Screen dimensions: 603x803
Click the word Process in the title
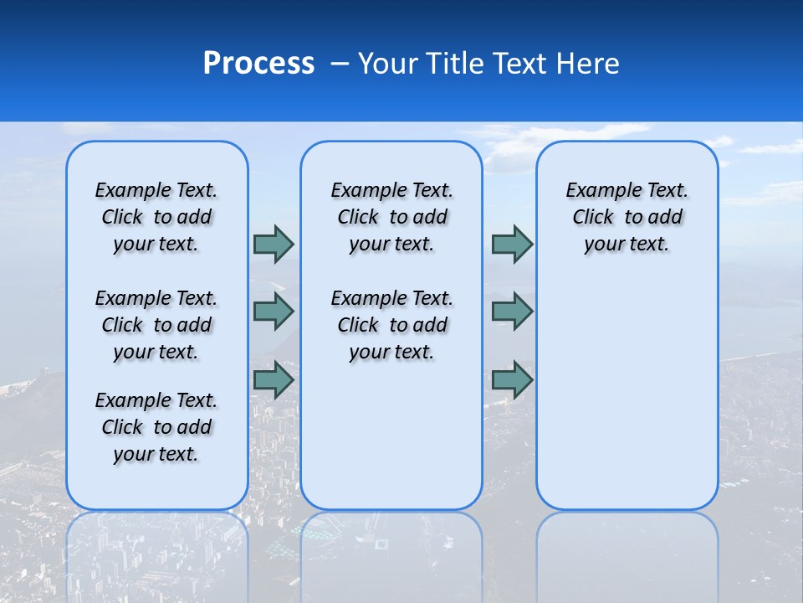coord(258,64)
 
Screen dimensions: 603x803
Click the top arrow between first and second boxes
coord(274,244)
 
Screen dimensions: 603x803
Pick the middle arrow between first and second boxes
coord(274,312)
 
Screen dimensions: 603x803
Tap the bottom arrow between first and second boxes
coord(274,380)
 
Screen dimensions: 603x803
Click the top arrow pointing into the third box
coord(512,244)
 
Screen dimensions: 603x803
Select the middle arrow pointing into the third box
coord(512,312)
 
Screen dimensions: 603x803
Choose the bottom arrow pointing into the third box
coord(512,380)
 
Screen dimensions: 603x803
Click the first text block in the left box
coord(156,217)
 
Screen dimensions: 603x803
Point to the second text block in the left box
coord(156,325)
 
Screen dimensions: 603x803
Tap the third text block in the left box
coord(156,427)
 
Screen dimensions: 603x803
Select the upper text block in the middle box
coord(391,217)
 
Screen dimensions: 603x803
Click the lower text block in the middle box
coord(391,325)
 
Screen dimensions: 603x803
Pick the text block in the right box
coord(627,217)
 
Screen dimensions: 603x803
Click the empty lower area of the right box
coord(627,385)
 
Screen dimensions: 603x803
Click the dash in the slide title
coord(340,64)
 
